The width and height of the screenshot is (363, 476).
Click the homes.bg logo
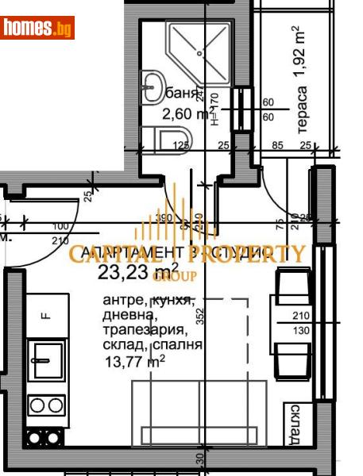[x=37, y=28]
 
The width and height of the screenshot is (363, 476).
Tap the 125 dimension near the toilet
[x=181, y=145]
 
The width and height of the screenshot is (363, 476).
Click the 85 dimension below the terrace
[x=277, y=145]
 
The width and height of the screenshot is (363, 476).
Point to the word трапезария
[x=145, y=330]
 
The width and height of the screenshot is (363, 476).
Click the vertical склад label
[x=295, y=424]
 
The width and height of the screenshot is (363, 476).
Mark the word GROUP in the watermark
[x=168, y=276]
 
